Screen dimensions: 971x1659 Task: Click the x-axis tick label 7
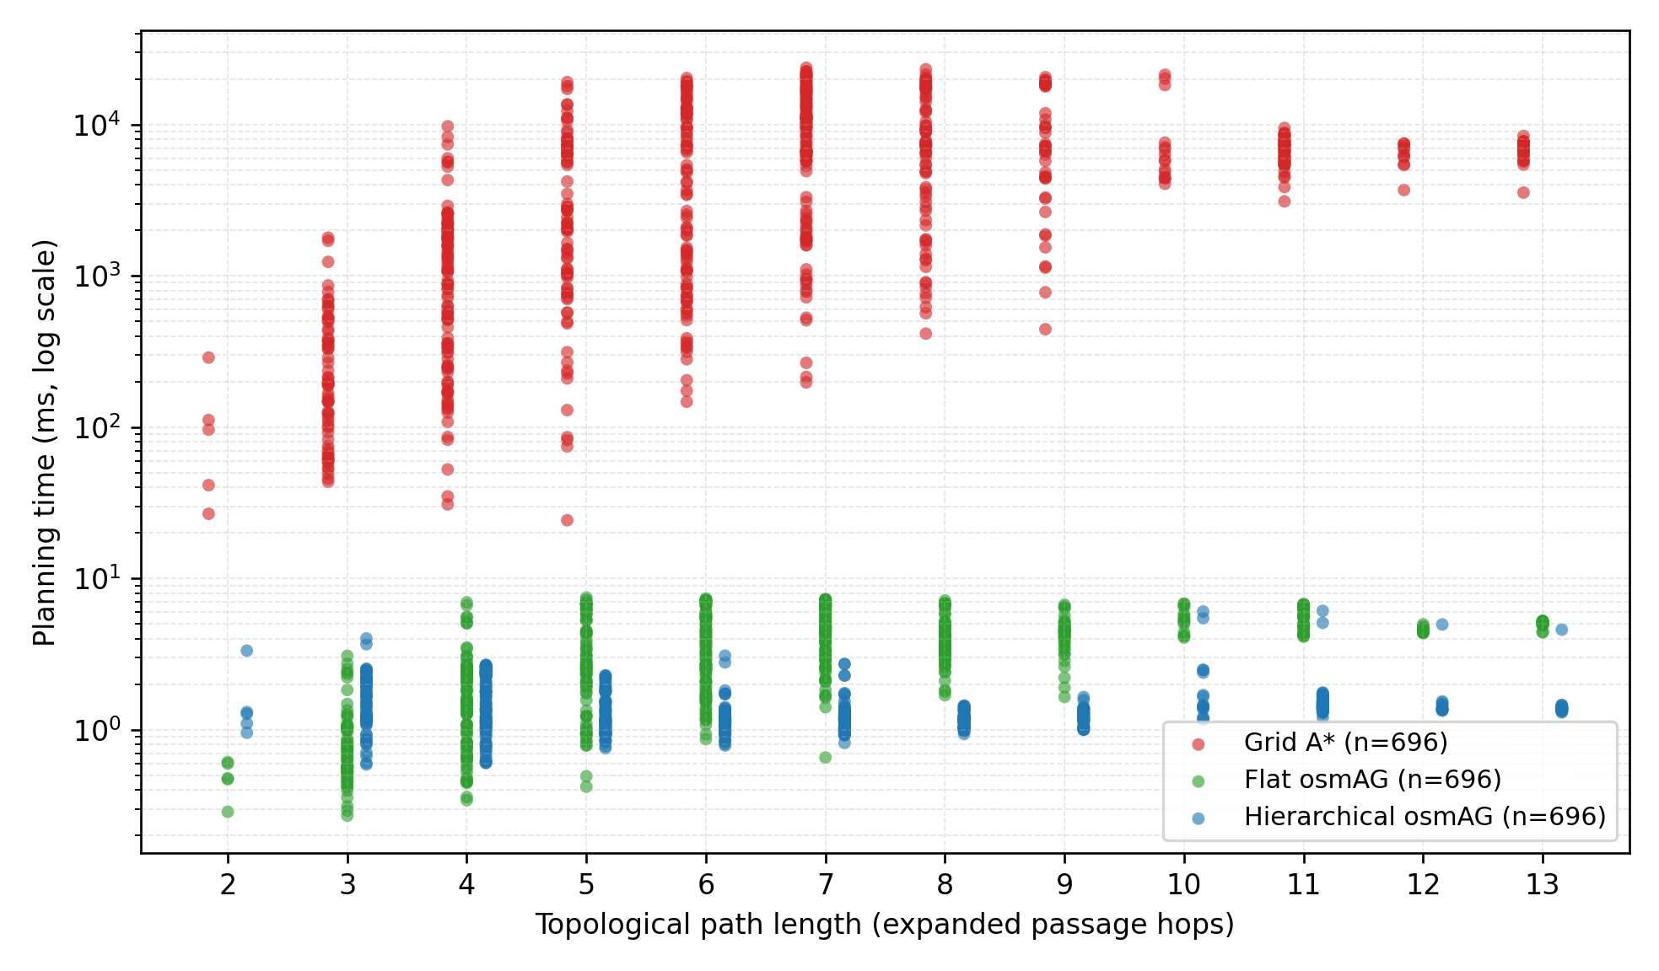[825, 884]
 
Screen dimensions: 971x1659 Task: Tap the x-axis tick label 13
[1543, 884]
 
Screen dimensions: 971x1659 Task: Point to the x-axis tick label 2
[227, 884]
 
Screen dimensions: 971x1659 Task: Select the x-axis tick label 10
[1183, 884]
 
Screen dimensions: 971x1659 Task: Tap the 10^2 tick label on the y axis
[97, 428]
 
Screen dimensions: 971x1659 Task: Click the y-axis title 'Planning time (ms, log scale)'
[45, 443]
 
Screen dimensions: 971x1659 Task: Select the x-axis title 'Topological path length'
[885, 925]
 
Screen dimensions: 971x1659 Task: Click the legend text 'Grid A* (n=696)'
[1345, 743]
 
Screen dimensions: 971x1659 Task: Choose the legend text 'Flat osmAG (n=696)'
[1372, 780]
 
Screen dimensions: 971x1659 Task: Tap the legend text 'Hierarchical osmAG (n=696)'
[1425, 817]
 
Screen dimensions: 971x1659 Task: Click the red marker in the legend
[1198, 743]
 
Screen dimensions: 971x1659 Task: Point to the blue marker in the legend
[1198, 818]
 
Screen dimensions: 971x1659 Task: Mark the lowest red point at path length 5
[567, 520]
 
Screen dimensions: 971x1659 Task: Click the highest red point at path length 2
[208, 357]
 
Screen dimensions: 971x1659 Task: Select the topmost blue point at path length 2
[246, 651]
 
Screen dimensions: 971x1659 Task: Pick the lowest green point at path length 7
[825, 758]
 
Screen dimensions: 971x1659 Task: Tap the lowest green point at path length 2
[227, 812]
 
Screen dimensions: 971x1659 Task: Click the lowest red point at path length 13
[1523, 192]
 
